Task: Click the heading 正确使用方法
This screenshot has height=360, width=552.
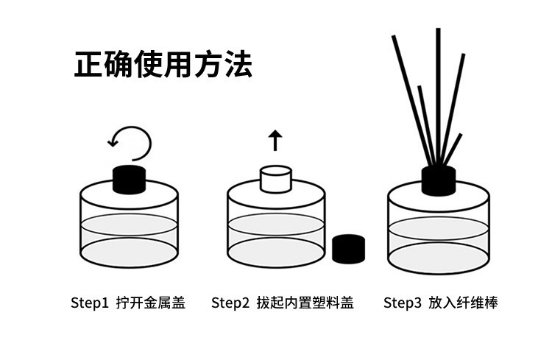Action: pos(163,64)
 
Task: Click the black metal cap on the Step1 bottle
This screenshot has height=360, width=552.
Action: pos(130,178)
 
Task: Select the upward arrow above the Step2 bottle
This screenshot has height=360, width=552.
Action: pos(275,138)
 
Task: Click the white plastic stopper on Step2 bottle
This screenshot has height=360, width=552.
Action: pos(276,179)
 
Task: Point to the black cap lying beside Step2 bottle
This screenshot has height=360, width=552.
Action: pos(348,249)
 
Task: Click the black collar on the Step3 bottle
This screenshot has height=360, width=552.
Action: pos(438,180)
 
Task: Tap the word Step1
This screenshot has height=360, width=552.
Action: pos(90,303)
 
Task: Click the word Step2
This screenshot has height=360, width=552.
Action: pos(230,303)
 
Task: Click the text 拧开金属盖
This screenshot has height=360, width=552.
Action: pos(150,303)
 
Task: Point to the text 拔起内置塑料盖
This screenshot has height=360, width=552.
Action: pos(305,303)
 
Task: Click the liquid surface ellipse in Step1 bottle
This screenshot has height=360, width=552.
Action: pos(129,225)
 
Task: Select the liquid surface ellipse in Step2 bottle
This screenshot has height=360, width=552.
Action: pos(276,225)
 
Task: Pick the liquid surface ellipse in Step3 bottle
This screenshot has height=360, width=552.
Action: pos(438,227)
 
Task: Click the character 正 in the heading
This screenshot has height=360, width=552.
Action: pos(88,64)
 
